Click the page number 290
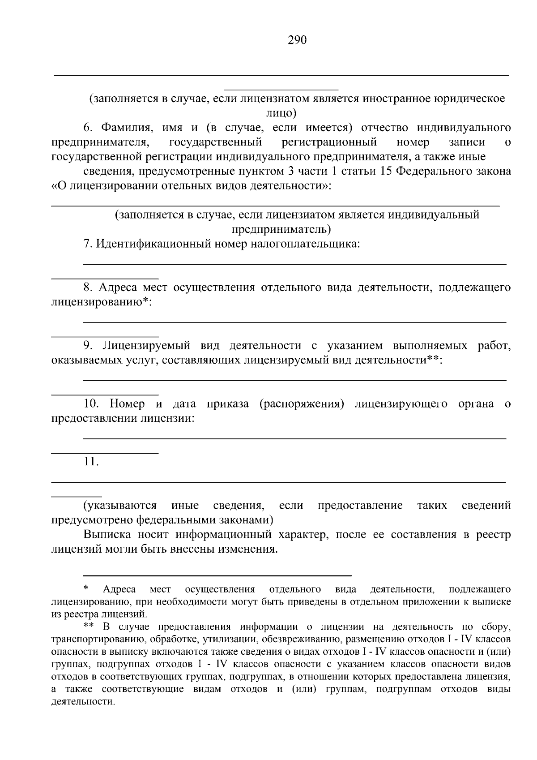pos(297,40)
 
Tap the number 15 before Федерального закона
pos(386,171)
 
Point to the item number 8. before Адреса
pos(89,288)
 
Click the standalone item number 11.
pos(91,462)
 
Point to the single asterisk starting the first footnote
pos(86,588)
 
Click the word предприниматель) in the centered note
pos(281,229)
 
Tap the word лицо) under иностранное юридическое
pos(281,113)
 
